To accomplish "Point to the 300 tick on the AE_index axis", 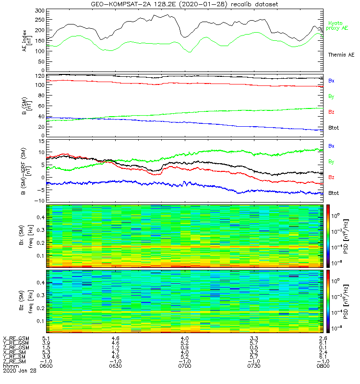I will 39,10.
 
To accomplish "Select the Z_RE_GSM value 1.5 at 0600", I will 46,348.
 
